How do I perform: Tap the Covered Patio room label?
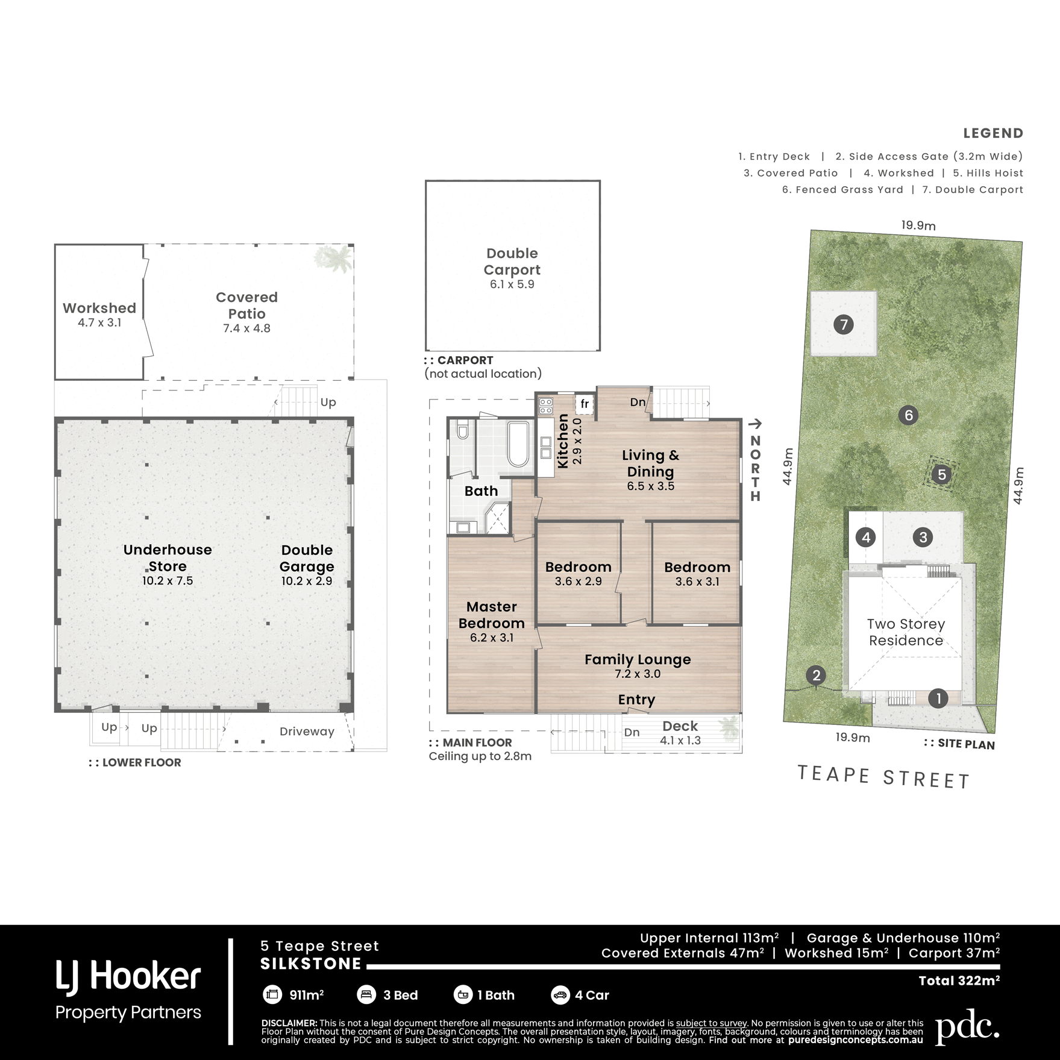pos(246,306)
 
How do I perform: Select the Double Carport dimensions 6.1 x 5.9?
pos(512,284)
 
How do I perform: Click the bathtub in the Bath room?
pos(518,444)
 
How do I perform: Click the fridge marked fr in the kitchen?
pos(585,404)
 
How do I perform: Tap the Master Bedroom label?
pos(492,615)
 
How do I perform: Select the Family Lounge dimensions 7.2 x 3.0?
pos(638,674)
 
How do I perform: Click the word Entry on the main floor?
pos(636,700)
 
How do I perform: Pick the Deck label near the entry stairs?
pos(680,726)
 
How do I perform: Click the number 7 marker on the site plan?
pos(844,325)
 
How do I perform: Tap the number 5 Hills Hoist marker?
pos(942,474)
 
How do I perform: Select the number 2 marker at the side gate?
pos(817,675)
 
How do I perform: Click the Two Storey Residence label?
pos(906,632)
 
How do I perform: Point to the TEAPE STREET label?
pos(883,777)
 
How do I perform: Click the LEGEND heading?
pos(993,133)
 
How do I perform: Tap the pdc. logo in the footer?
pos(967,1030)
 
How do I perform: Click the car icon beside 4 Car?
pos(560,995)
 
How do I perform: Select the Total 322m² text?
pos(959,980)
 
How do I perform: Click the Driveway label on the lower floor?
pos(307,731)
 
